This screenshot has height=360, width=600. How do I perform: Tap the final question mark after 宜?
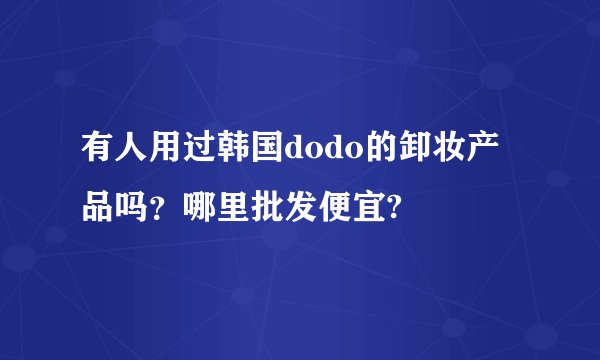pyautogui.click(x=397, y=209)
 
